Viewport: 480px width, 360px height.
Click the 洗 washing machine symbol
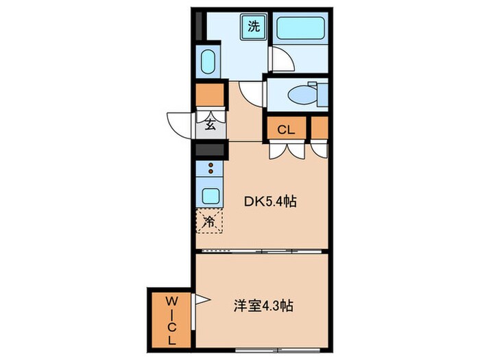(x=253, y=28)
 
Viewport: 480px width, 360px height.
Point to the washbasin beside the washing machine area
(x=209, y=62)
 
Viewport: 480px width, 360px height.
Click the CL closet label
(x=286, y=129)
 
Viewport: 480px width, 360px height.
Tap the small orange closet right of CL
(x=320, y=129)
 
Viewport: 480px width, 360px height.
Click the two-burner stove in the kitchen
(x=210, y=169)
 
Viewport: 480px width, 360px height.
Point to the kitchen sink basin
(x=210, y=195)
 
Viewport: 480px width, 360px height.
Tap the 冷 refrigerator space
(x=210, y=221)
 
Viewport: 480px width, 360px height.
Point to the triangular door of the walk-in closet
(x=202, y=299)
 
